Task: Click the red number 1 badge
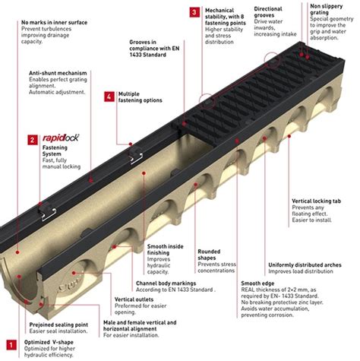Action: [x=9, y=344]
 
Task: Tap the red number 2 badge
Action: [x=33, y=140]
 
